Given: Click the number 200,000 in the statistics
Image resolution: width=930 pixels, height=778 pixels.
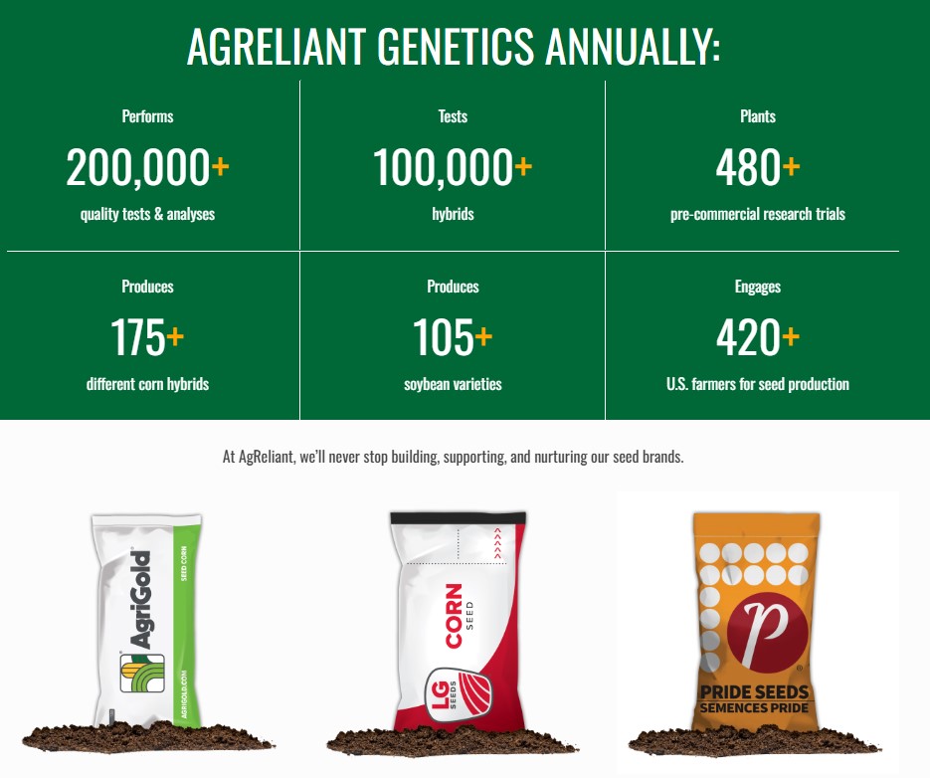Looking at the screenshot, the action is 137,167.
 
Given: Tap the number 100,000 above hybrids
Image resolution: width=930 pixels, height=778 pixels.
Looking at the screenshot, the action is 443,167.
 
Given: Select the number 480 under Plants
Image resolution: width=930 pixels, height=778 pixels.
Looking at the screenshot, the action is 749,167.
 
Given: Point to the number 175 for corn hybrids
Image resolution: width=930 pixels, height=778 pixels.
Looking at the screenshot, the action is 137,337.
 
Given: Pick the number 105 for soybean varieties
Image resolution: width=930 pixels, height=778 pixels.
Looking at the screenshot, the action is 443,337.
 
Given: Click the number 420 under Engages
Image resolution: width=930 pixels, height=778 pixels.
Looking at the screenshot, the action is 749,337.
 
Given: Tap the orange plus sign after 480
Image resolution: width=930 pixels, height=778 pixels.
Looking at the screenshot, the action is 791,166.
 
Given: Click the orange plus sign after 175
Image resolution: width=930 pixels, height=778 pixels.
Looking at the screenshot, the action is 175,336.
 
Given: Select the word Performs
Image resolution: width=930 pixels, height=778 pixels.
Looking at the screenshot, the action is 147,116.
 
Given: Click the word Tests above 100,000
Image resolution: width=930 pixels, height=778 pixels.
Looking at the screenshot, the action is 453,116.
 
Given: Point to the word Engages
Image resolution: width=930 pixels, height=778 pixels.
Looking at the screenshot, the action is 757,288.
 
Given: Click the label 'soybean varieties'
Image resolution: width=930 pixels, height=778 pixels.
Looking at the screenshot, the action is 453,385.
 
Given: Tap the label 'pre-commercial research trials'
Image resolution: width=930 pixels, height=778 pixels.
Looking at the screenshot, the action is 757,214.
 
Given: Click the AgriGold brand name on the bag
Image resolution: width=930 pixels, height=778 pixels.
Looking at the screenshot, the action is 141,599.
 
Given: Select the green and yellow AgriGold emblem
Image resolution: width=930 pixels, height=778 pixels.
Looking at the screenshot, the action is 142,673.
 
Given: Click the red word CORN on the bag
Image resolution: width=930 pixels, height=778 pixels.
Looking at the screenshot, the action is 454,616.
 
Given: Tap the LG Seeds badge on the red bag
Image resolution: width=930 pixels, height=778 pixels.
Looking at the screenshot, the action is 460,693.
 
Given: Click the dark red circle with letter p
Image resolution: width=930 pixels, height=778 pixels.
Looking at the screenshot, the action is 768,632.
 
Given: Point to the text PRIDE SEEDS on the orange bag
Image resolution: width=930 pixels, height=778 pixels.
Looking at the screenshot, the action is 754,692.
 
